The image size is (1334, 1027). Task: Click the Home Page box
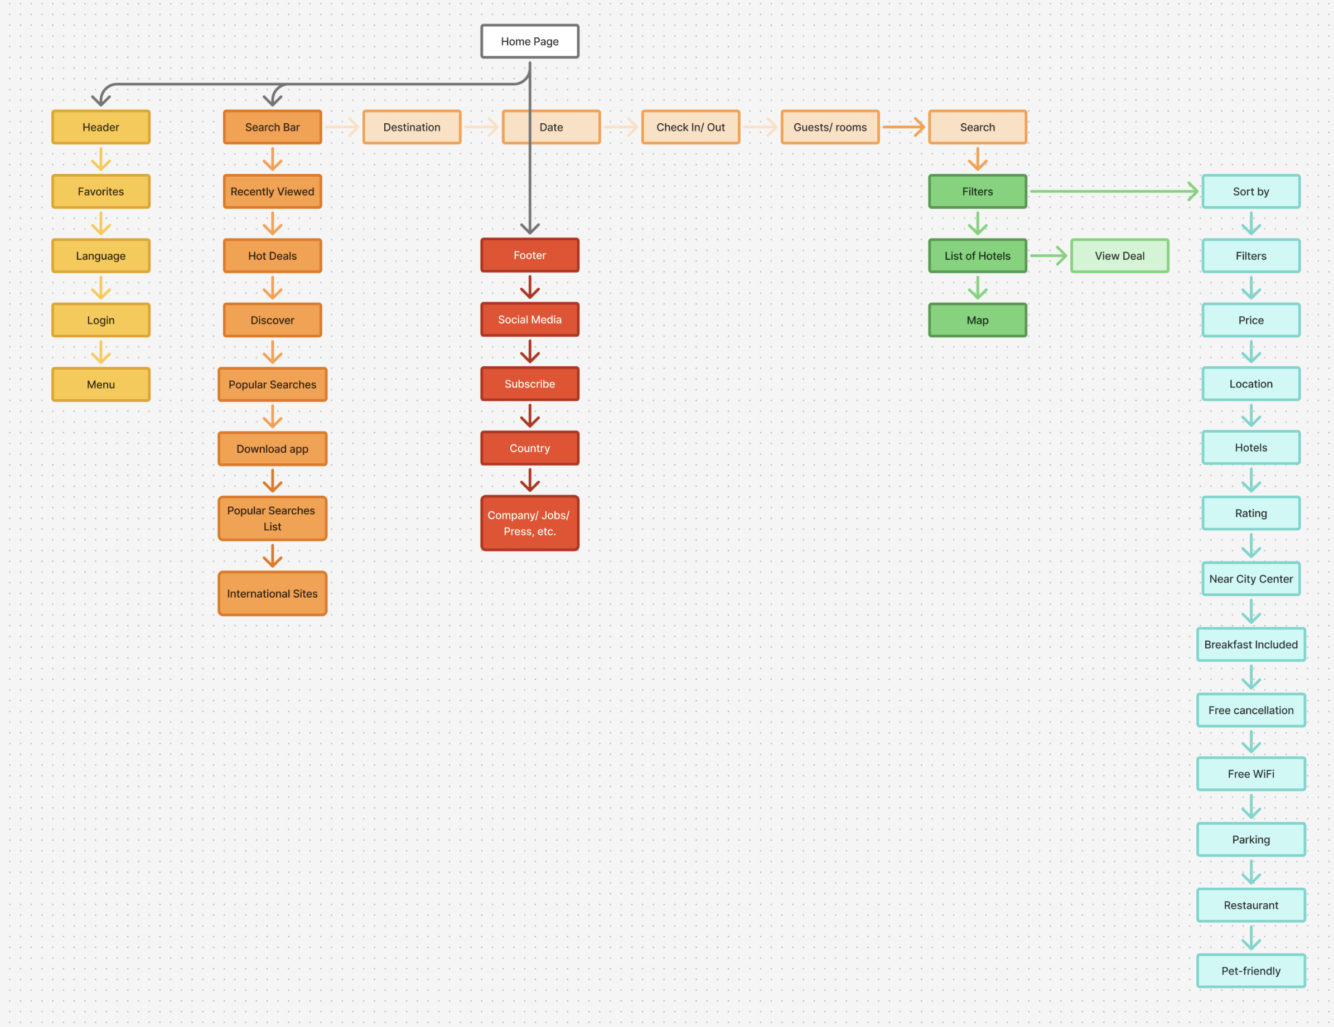(530, 41)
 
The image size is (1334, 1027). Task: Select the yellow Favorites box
(101, 192)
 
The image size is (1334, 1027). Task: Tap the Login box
(101, 320)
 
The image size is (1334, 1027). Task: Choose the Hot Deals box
(272, 256)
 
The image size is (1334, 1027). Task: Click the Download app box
(272, 449)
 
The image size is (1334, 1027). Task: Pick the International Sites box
(272, 593)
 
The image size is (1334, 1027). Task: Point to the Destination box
(412, 127)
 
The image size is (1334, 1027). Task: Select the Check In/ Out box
(690, 127)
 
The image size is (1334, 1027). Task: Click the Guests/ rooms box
(829, 127)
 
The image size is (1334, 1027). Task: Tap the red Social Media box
(530, 319)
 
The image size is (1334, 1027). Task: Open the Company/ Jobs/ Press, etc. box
(530, 524)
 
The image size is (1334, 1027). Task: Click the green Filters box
(977, 192)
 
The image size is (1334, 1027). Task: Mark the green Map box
(977, 320)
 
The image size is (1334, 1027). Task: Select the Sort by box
(1250, 192)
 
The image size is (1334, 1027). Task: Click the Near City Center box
(1250, 579)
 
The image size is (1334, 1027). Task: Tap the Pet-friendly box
(1250, 971)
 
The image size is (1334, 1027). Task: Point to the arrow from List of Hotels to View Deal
(1048, 256)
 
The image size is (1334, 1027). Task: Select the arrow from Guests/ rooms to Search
(903, 127)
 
